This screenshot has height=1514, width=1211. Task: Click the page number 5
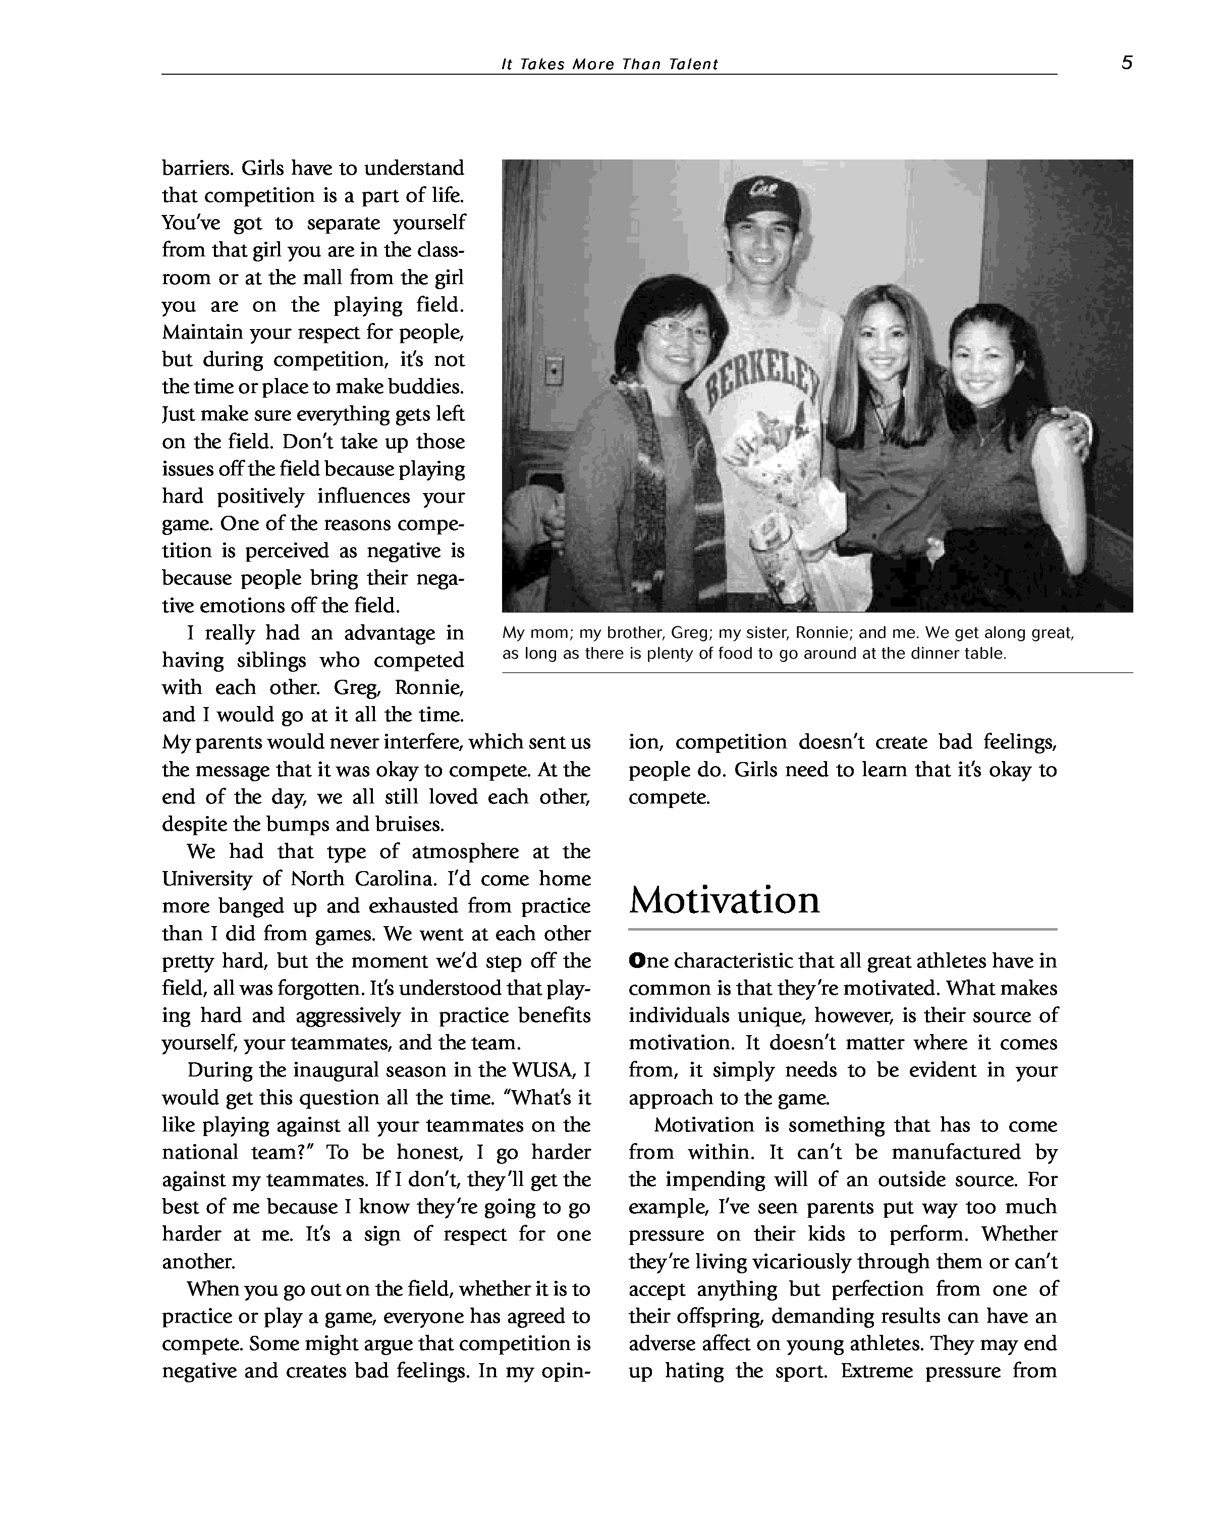click(1126, 63)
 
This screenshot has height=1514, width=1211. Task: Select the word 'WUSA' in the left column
click(547, 1070)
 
